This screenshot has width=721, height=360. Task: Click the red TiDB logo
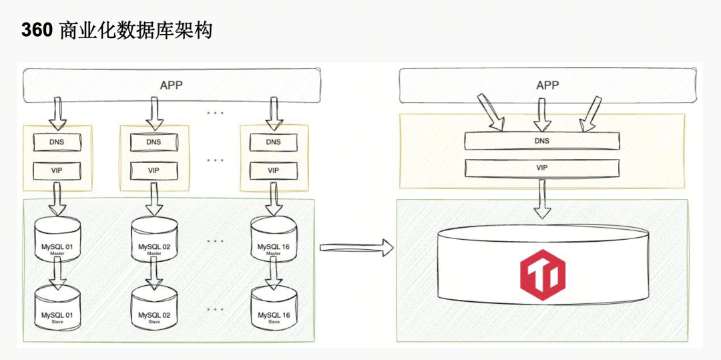[542, 275]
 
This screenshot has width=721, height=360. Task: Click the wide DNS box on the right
[542, 141]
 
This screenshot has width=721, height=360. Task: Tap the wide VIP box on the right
[542, 168]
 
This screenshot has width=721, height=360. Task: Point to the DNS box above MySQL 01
[57, 142]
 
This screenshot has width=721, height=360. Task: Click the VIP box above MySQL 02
[154, 170]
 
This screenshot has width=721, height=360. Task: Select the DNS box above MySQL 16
[274, 142]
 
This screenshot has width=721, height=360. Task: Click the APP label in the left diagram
[172, 85]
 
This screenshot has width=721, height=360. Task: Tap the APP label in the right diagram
[547, 85]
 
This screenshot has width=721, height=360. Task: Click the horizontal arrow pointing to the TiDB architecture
[356, 248]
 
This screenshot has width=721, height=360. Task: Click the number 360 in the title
[37, 30]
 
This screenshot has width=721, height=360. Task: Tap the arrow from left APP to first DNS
[57, 112]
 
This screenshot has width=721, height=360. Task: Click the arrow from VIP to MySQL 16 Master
[274, 198]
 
